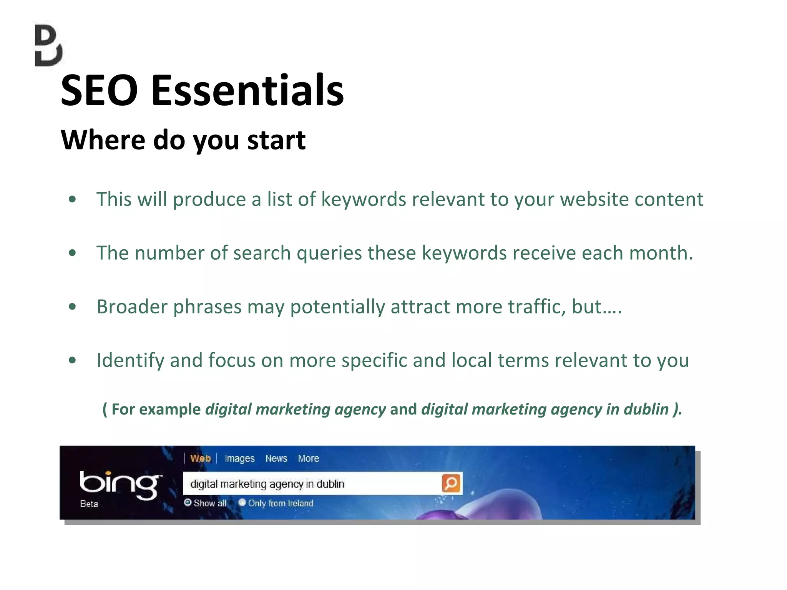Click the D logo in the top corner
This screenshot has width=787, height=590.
(48, 46)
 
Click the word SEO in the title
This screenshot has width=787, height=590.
(99, 91)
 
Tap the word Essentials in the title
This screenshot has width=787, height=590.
(247, 91)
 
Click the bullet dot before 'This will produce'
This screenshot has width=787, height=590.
(72, 199)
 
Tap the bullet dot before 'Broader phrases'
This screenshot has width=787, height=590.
(72, 307)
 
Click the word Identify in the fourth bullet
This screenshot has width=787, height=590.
(130, 361)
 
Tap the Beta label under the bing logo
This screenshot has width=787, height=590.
(89, 504)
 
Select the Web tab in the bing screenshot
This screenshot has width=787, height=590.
(201, 459)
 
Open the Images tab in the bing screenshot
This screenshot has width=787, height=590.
(239, 459)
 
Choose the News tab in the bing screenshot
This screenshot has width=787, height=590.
(276, 459)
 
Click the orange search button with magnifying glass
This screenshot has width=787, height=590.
(451, 483)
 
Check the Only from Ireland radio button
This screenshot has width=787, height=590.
(242, 502)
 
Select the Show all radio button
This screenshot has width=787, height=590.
(188, 502)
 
